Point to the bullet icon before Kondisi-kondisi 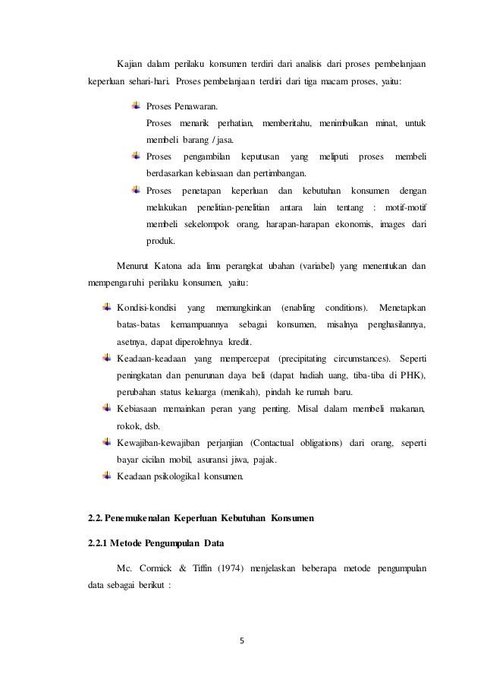107,307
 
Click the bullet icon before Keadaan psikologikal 107,477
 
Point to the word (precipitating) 307,358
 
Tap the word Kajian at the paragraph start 131,62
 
